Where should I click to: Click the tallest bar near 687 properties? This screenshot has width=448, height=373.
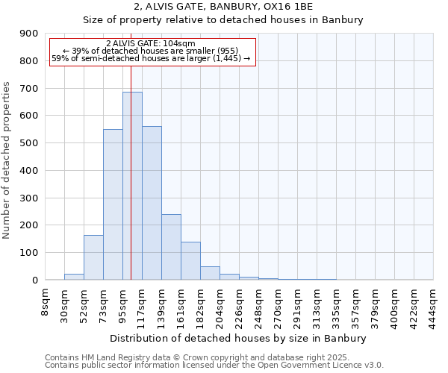pos(132,186)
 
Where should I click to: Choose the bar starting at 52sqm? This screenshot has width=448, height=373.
pos(93,257)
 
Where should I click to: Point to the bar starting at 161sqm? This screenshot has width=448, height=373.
pos(190,261)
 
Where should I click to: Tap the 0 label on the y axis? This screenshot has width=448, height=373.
pos(35,280)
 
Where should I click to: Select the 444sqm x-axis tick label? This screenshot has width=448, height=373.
pos(433,304)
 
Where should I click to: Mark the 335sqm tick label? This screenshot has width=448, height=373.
pos(336,304)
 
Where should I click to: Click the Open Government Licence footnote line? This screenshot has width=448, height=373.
pos(214,365)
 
